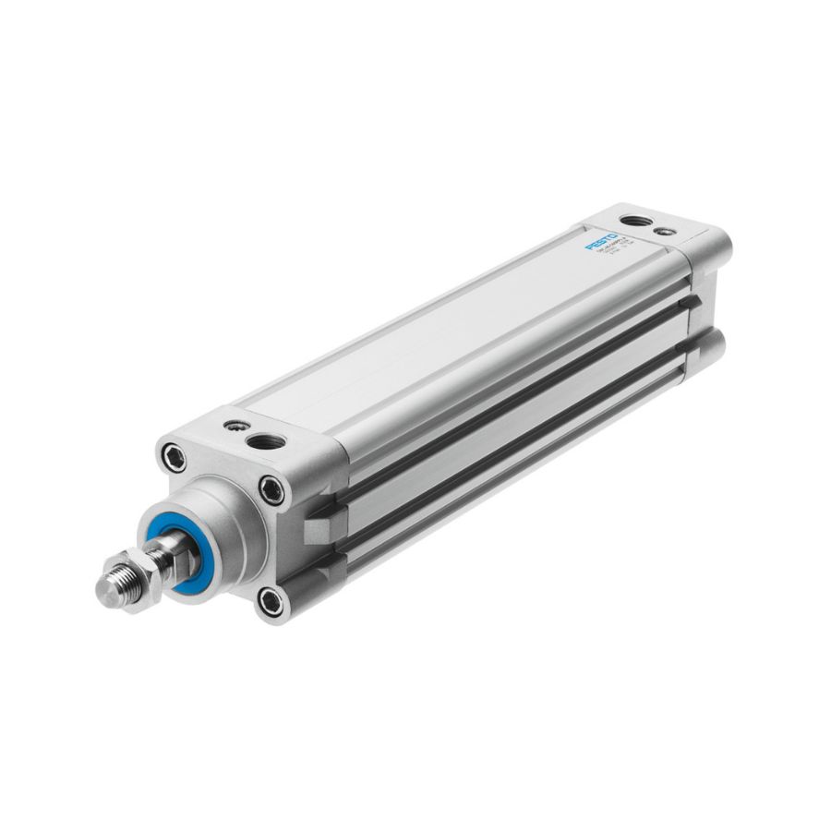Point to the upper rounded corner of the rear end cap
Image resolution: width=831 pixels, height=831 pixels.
[717, 242]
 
